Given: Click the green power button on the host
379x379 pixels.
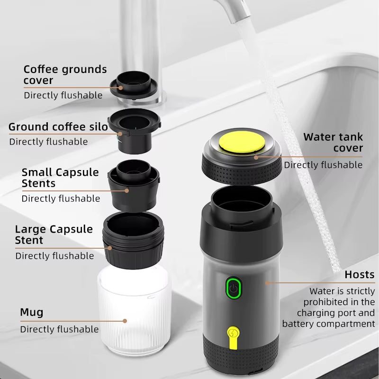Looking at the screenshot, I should pos(233,288).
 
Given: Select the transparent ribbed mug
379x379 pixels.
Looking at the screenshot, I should pos(134,313).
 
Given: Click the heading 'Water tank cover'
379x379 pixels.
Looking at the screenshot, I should pos(333,142).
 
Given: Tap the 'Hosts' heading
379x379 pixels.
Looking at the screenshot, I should pos(359,275).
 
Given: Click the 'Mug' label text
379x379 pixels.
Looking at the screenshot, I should pos(31,312).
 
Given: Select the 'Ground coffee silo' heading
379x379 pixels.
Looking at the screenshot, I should pos(54,127).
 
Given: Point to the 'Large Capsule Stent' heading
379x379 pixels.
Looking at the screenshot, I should pos(54,235).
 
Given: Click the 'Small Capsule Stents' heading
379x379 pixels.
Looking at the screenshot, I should pos(60,178).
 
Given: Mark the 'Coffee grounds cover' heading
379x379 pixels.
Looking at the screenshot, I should pos(65,74).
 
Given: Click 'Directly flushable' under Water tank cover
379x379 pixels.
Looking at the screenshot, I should pos(323,165).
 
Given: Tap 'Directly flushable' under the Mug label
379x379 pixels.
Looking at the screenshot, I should pos(59,329).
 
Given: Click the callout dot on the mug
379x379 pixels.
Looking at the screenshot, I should pos(125,321).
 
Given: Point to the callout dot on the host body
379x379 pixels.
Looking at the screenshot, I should pos(266,283).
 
